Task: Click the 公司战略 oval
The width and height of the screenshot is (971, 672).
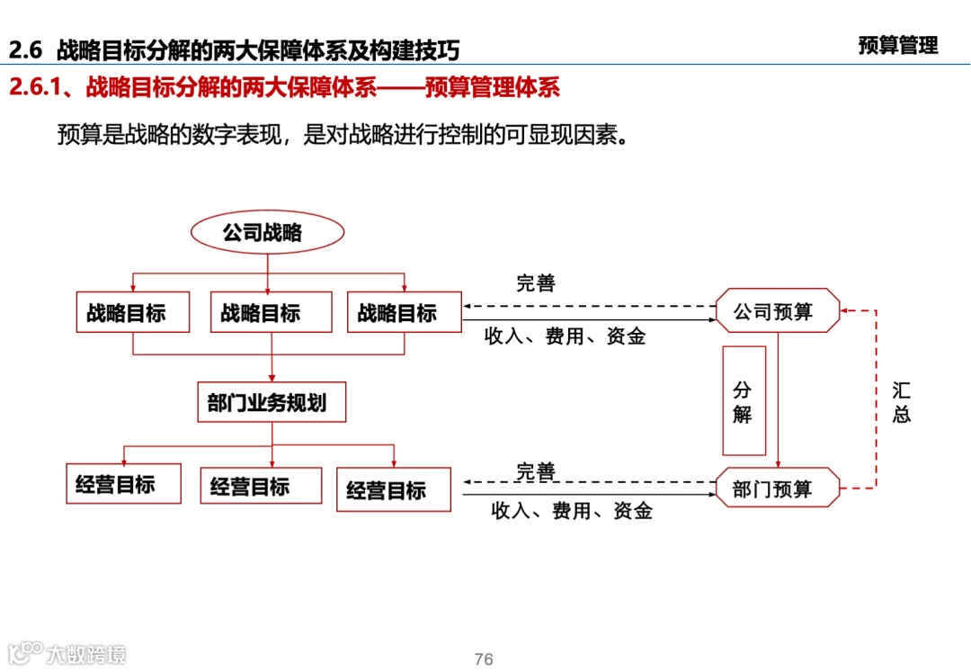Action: [x=267, y=233]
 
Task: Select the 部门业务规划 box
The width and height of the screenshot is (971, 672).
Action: [x=272, y=402]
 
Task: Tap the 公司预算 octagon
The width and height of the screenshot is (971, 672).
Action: [x=778, y=311]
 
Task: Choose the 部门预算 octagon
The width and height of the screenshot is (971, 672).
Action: [x=778, y=488]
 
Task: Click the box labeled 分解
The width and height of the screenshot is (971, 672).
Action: [x=744, y=401]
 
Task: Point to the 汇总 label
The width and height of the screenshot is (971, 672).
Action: [x=901, y=402]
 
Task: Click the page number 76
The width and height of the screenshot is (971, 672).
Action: [x=484, y=659]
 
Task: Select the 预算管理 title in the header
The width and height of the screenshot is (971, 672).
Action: [x=897, y=45]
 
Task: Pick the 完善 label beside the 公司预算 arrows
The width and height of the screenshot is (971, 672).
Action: [x=536, y=284]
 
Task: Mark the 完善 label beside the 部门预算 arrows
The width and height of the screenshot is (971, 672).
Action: [x=536, y=470]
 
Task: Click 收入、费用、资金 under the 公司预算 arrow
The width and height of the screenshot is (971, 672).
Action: [x=565, y=337]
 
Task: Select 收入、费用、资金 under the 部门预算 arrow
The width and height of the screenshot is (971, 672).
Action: [x=571, y=511]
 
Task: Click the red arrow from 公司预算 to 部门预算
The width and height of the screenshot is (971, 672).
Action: [x=778, y=400]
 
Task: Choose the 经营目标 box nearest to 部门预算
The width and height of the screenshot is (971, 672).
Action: [x=394, y=490]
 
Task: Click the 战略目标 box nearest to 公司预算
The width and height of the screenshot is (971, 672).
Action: [x=404, y=312]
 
